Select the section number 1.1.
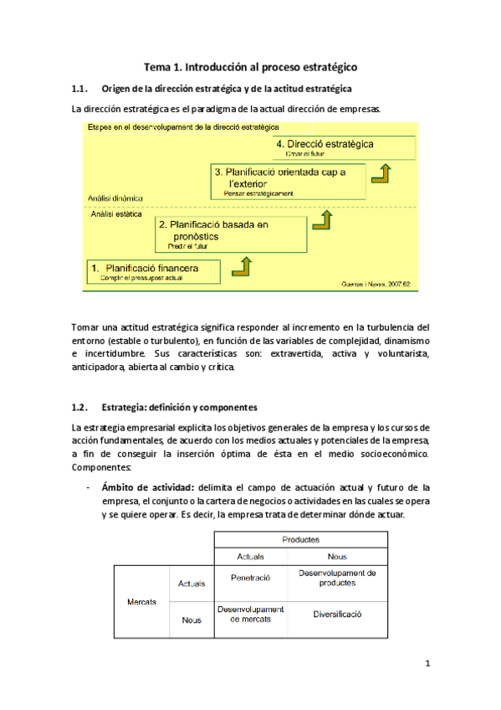coord(80,89)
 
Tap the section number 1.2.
coord(80,408)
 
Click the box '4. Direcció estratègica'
coord(345,147)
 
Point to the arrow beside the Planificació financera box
coord(242,266)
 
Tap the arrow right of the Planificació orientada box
coord(382,173)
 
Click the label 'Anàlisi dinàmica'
coord(115,198)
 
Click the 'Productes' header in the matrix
coord(300,540)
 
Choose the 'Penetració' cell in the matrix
coord(250,578)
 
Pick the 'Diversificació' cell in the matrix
coord(337,614)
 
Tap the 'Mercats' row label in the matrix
coord(142,602)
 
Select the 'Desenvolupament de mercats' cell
coord(250,614)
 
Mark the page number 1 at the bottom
coord(427,665)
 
